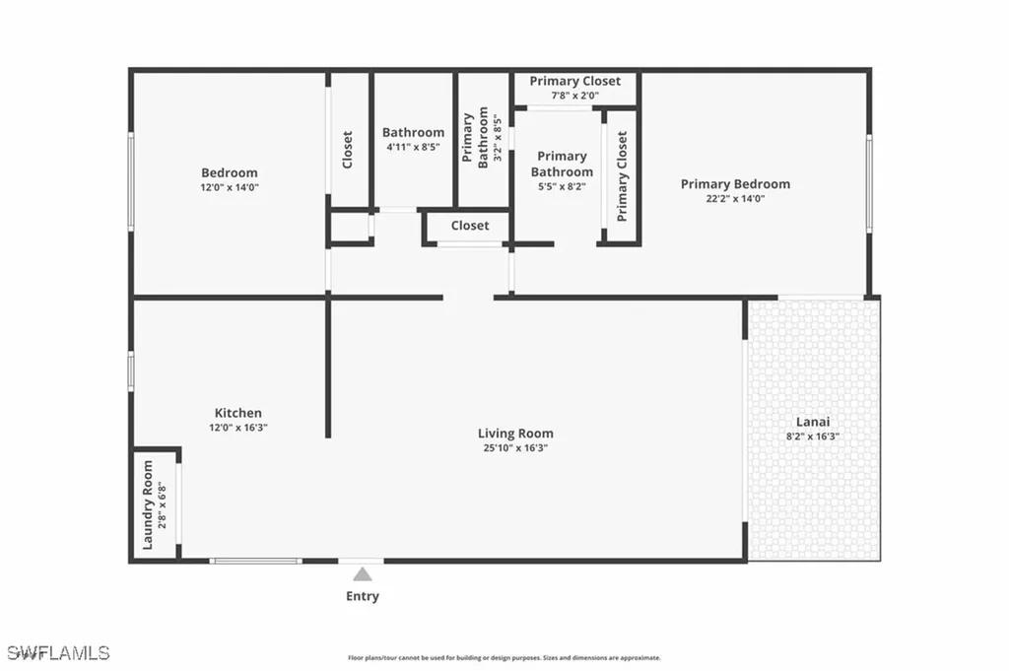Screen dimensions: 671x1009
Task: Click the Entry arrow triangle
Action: (363, 573)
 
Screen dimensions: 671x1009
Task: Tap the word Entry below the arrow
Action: (363, 596)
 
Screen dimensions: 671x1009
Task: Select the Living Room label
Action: (515, 434)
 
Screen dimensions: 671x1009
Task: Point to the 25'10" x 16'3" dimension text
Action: (515, 448)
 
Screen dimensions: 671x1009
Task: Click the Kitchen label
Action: (238, 413)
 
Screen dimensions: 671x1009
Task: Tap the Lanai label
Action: (813, 421)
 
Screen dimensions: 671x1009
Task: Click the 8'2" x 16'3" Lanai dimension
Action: (813, 436)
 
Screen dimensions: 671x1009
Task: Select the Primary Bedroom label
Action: (735, 184)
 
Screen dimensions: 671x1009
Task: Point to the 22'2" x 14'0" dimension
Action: (735, 198)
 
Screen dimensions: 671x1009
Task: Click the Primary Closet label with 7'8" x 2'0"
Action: (575, 81)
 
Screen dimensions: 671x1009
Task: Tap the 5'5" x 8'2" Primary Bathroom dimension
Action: (562, 186)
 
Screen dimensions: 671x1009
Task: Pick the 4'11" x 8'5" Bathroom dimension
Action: (413, 147)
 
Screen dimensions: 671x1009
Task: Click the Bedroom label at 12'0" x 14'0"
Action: (230, 173)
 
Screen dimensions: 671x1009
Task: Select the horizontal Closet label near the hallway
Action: (470, 226)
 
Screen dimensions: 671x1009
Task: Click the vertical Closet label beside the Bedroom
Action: (348, 150)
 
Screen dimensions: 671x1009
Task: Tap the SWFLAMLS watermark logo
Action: (57, 652)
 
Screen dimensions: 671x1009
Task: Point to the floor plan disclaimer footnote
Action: (504, 658)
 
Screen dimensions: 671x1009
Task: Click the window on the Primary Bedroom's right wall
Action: (869, 183)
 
